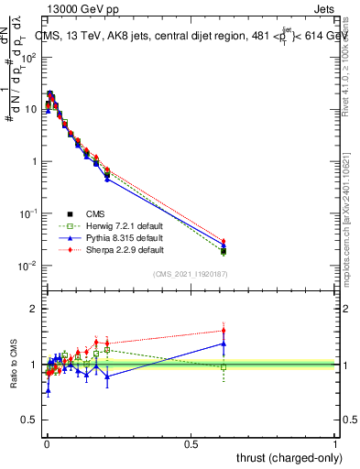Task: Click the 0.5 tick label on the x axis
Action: [x=191, y=442]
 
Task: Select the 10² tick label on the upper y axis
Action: [x=28, y=57]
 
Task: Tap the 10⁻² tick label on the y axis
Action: [x=28, y=266]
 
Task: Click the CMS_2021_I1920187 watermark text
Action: [x=189, y=273]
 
